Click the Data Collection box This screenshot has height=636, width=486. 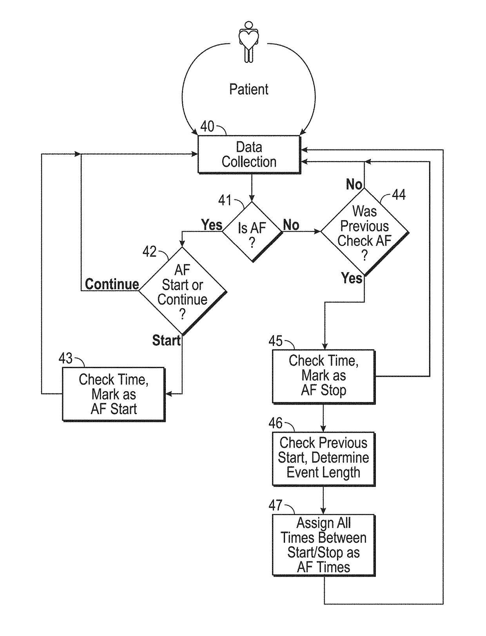click(x=249, y=155)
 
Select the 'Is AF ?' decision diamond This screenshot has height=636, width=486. click(x=252, y=232)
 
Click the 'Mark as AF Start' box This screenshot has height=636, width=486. click(x=114, y=394)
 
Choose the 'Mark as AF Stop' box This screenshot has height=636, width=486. click(x=324, y=376)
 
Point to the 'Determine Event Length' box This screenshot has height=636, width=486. click(x=324, y=458)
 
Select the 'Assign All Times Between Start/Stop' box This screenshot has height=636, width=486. click(x=324, y=545)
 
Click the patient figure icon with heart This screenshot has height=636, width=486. click(x=249, y=42)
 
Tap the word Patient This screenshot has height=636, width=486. click(x=249, y=89)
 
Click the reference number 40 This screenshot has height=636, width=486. click(x=207, y=126)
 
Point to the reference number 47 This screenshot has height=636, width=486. click(x=276, y=505)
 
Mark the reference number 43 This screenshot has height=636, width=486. click(x=66, y=358)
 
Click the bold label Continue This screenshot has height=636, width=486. click(x=112, y=284)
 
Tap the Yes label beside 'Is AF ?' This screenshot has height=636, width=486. click(x=212, y=225)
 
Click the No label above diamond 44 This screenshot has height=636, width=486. click(x=354, y=184)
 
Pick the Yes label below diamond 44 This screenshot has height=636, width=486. click(x=352, y=278)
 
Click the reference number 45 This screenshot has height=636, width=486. click(x=276, y=341)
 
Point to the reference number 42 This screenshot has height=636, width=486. click(x=149, y=251)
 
